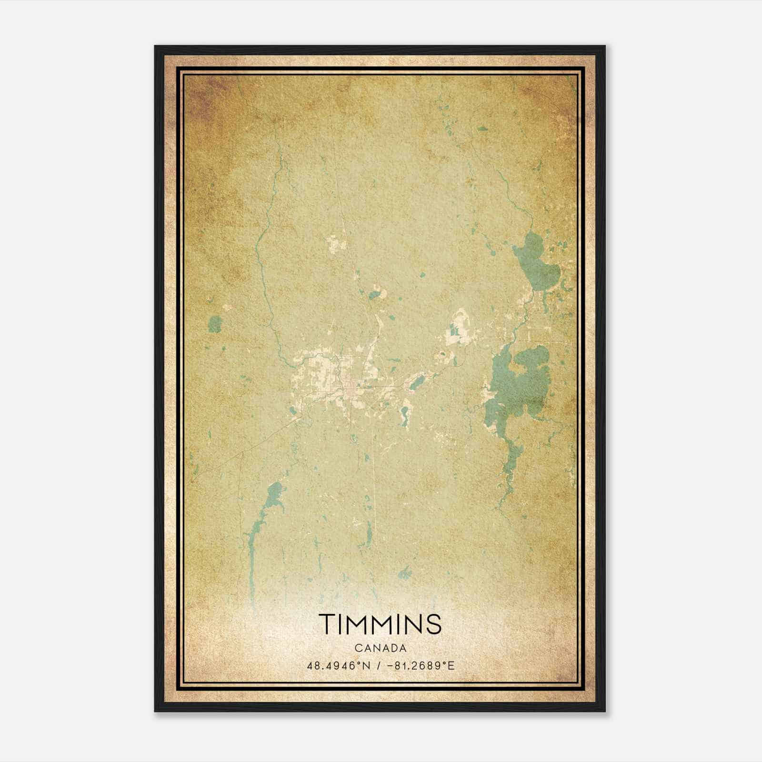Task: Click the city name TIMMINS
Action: click(x=381, y=624)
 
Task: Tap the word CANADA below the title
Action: click(x=381, y=648)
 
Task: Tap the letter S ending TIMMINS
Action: click(x=434, y=624)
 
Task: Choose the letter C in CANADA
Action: click(x=357, y=648)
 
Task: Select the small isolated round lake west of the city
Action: click(x=215, y=324)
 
